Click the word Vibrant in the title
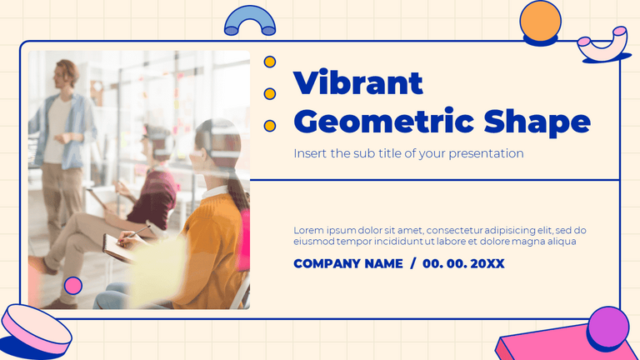point(358,83)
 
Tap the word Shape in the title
point(537,122)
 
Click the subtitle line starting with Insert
point(408,153)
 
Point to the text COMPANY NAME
point(347,263)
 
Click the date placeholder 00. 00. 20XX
point(463,263)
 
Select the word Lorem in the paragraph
point(308,230)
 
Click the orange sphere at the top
point(539,22)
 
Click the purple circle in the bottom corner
point(608,327)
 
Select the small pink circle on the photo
point(73,285)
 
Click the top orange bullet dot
point(270,62)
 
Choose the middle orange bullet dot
point(270,93)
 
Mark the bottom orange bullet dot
point(270,126)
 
